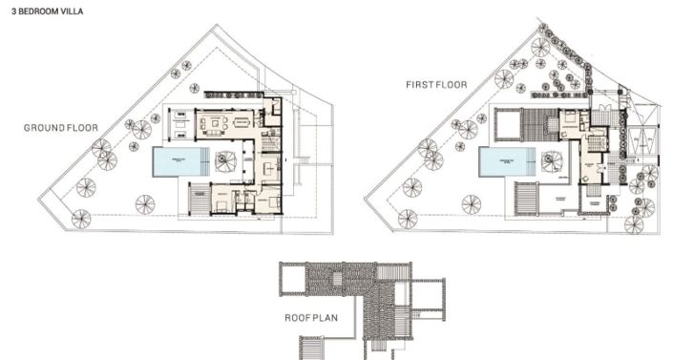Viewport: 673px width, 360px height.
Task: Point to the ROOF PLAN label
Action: point(311,317)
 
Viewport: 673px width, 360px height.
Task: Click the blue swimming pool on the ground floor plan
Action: point(179,162)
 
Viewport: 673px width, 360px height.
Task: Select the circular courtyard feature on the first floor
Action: point(553,161)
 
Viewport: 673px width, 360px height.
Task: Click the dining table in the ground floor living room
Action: point(242,123)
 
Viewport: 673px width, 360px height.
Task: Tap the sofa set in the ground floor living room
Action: point(215,123)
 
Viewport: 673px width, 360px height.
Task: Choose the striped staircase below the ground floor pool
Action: point(199,201)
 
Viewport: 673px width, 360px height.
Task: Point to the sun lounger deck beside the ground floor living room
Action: point(179,124)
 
